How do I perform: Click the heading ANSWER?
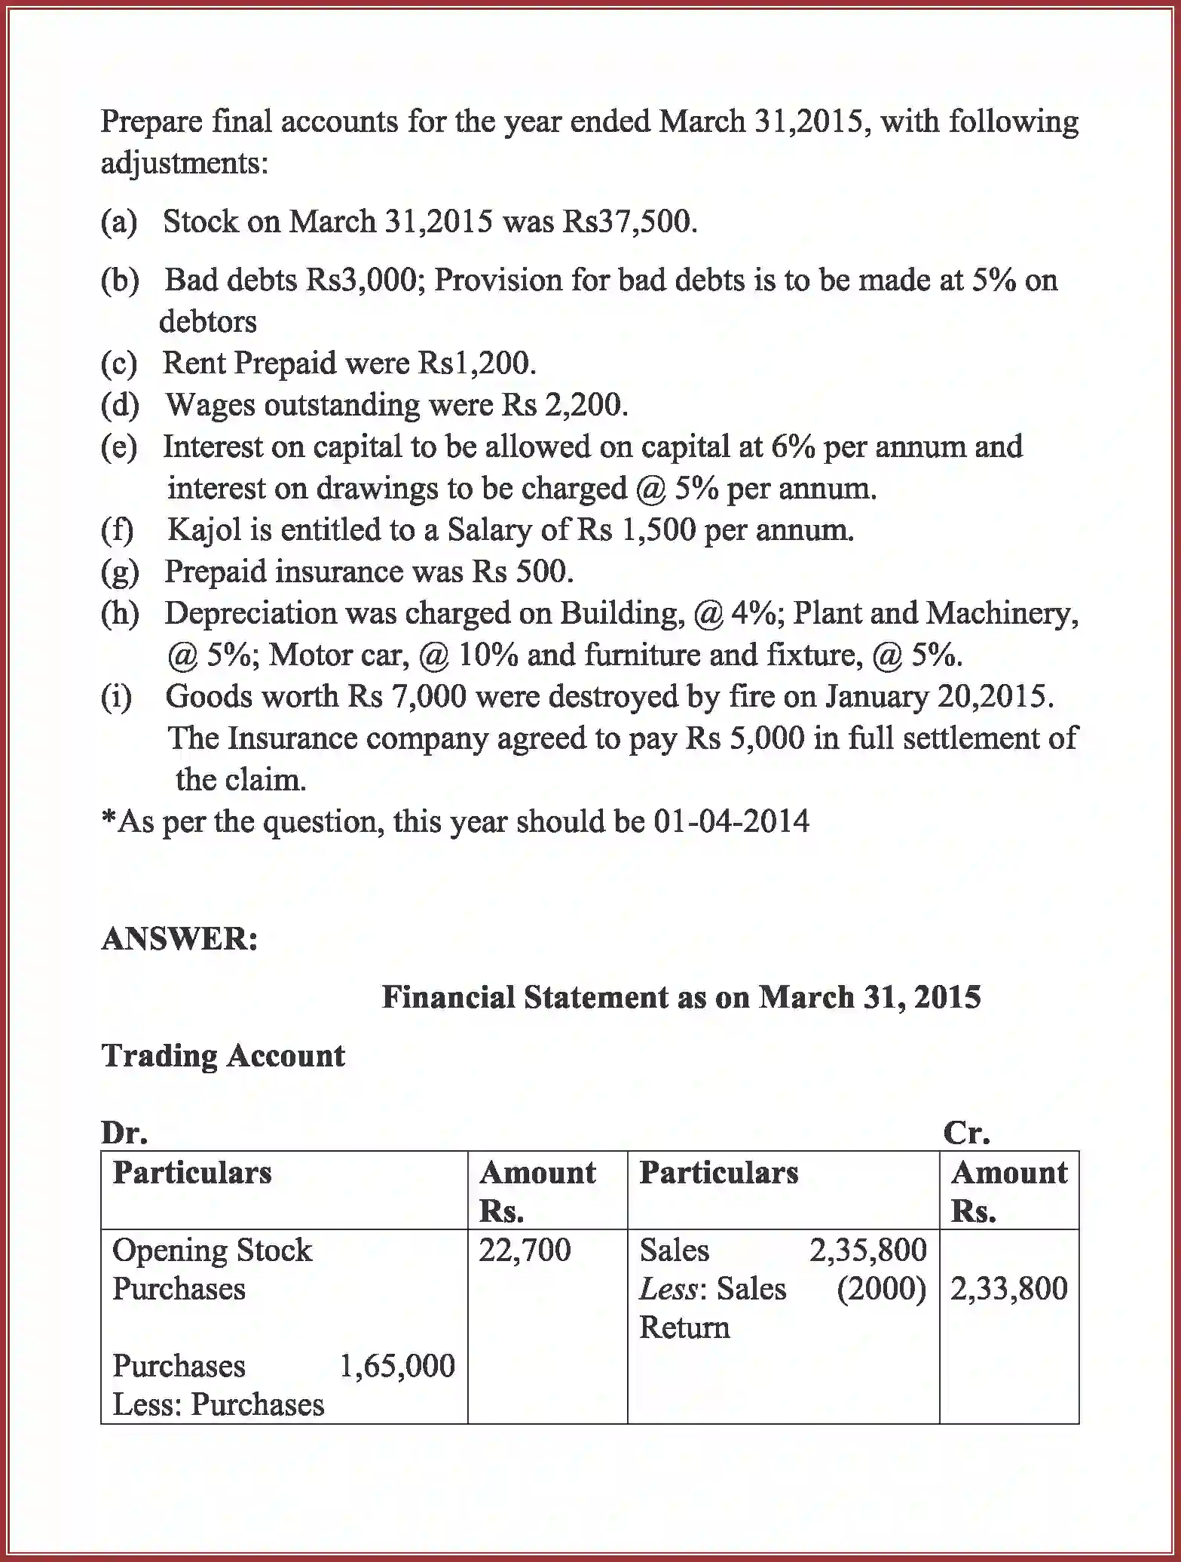click(179, 939)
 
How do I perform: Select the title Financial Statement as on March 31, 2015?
click(681, 997)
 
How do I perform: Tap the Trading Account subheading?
click(223, 1055)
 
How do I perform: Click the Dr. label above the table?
click(124, 1133)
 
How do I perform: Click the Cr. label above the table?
click(966, 1133)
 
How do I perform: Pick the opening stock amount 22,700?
click(525, 1251)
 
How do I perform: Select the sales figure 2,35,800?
click(867, 1251)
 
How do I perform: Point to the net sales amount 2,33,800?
click(1008, 1289)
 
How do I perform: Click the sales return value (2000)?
click(881, 1289)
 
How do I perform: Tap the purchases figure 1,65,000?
click(397, 1366)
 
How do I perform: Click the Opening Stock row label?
click(212, 1251)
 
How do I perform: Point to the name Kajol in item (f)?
click(203, 529)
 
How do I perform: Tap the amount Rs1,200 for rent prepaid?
click(473, 364)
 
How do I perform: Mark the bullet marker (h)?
click(120, 613)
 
